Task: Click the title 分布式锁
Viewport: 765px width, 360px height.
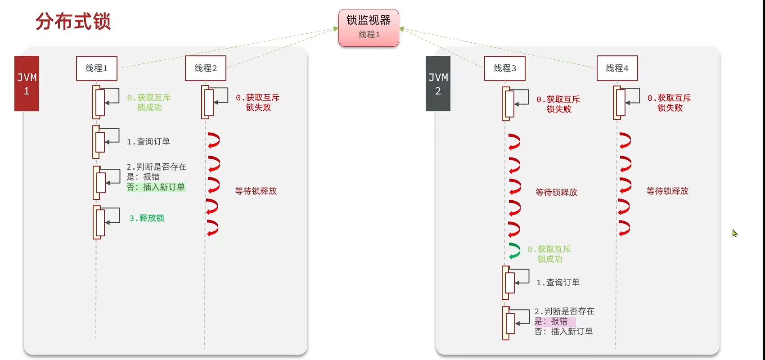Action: click(73, 21)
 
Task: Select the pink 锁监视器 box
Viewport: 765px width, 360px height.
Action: click(369, 27)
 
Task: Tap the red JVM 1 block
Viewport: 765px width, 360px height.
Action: click(27, 84)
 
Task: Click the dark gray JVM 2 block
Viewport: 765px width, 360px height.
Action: click(438, 84)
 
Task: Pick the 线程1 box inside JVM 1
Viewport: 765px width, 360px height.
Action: click(97, 68)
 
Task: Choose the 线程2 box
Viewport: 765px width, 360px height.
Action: click(206, 68)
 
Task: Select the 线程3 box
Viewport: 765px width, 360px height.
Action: click(504, 68)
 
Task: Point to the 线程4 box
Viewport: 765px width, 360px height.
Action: click(617, 68)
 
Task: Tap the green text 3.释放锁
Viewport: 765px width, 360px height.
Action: click(147, 218)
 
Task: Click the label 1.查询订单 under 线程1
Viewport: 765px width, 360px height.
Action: click(148, 142)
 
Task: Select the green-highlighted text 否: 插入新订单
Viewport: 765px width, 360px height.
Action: click(156, 187)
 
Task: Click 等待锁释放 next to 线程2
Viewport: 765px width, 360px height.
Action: click(256, 191)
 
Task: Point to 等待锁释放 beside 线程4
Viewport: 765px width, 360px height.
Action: click(667, 191)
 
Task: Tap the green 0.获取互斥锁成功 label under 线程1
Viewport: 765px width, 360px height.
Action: click(149, 103)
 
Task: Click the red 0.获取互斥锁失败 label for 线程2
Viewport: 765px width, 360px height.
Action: click(258, 103)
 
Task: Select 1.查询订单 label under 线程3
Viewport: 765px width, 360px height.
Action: click(558, 283)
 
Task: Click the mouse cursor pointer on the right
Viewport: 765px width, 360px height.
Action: click(734, 233)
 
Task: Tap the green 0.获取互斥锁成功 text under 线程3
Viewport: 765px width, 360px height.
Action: click(549, 254)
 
